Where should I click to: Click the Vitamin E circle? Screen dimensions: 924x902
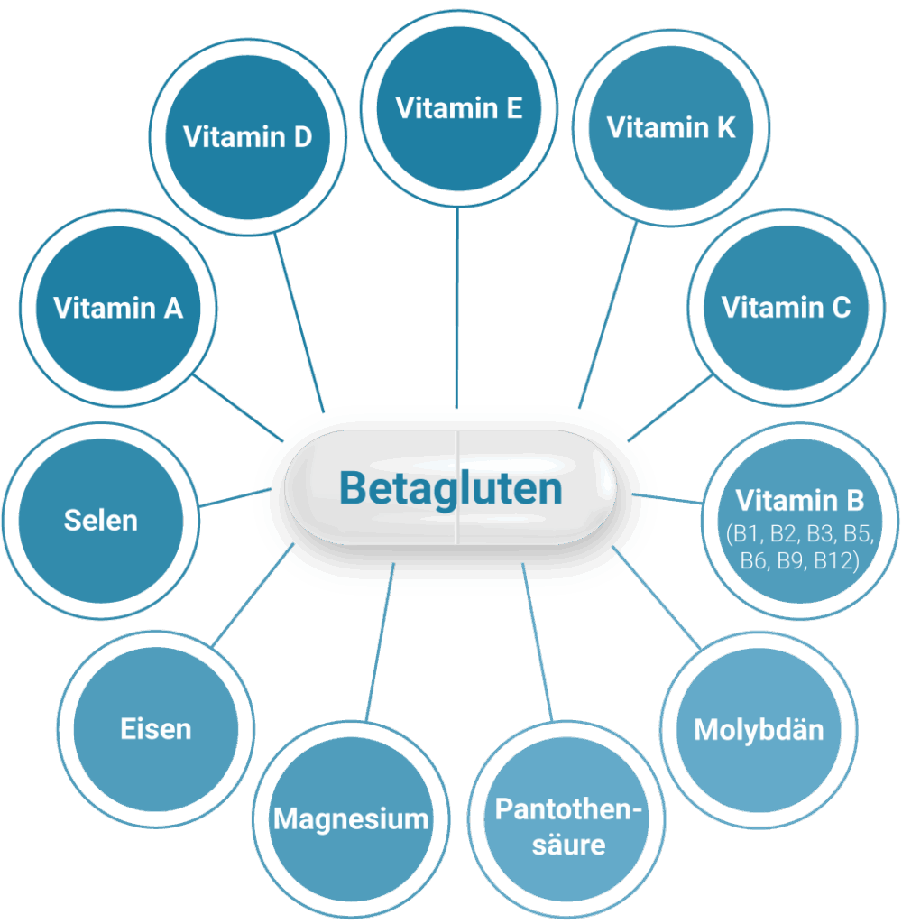click(459, 108)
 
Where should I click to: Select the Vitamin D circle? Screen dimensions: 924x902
click(247, 137)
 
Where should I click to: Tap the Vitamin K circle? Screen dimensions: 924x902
click(670, 127)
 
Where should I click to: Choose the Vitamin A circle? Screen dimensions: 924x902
click(117, 308)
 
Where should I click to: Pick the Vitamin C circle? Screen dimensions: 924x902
click(786, 307)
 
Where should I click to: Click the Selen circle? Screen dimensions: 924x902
click(101, 521)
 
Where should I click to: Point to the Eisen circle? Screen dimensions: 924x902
click(156, 729)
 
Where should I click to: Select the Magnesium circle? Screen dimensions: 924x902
click(351, 818)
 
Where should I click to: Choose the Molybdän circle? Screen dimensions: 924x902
click(759, 729)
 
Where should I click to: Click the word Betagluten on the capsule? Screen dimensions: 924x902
click(451, 488)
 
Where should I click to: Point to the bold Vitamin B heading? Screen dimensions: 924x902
click(799, 500)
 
